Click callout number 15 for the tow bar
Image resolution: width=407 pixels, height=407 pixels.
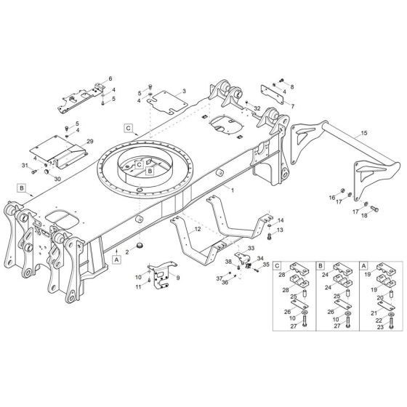coord(363,134)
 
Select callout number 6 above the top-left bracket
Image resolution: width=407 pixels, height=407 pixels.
coord(110,78)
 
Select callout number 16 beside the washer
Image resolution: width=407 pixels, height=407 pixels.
coord(331,197)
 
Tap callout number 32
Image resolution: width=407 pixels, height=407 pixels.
coord(257,108)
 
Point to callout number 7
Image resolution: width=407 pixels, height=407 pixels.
coord(292,105)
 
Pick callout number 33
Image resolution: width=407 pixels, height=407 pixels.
coord(251,249)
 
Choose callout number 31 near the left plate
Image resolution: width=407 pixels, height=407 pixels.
coord(24,166)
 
